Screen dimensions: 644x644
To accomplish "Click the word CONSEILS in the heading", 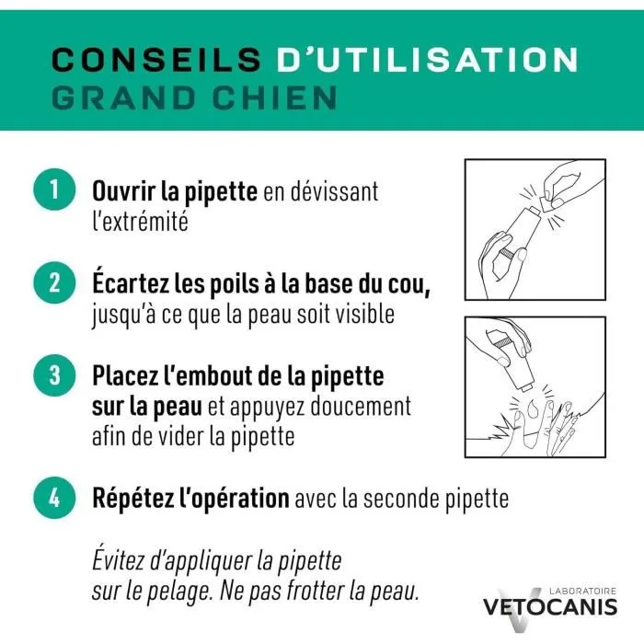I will (x=154, y=60).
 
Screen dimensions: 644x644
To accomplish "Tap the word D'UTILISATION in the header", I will (x=427, y=60).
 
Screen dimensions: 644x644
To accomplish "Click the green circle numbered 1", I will (x=53, y=191).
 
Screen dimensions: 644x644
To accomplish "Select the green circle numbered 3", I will (x=53, y=375).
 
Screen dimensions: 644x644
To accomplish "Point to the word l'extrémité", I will (x=140, y=222).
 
